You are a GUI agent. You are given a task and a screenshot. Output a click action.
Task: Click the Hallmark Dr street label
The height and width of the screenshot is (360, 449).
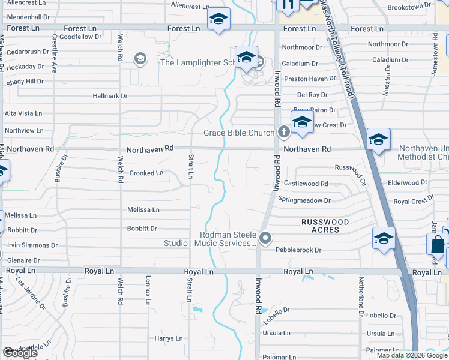point(110,96)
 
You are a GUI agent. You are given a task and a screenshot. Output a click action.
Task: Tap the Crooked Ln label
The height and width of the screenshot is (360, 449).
point(146,173)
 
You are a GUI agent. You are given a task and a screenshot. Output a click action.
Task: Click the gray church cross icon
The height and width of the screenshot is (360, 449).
point(284,132)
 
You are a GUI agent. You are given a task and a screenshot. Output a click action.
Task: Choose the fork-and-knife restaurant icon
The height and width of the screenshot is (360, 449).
point(288,5)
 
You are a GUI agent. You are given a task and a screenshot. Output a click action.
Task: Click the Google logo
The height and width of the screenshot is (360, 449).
point(20,353)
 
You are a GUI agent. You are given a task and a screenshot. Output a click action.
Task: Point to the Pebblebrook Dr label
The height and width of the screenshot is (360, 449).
point(299,250)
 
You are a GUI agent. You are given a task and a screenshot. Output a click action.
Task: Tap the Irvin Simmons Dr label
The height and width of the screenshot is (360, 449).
point(32,245)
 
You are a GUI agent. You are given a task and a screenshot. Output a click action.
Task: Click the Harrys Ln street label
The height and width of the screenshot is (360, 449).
point(168,339)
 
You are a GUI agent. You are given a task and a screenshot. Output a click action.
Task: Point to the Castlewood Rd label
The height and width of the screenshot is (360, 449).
point(306,184)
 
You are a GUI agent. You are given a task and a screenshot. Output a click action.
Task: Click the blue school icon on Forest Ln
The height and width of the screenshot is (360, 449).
point(218,20)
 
